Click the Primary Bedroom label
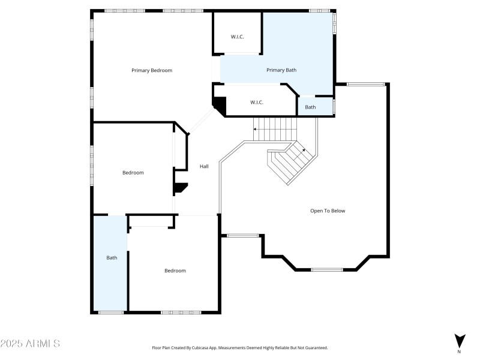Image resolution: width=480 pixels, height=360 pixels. pyautogui.click(x=152, y=70)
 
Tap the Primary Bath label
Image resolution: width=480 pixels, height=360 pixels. pyautogui.click(x=281, y=70)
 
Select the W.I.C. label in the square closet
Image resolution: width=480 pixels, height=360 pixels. pyautogui.click(x=237, y=37)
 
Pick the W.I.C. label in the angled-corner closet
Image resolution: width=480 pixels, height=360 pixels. pyautogui.click(x=257, y=102)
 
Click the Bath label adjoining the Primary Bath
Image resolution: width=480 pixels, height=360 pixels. pyautogui.click(x=310, y=107)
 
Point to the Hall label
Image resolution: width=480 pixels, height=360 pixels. pyautogui.click(x=204, y=166)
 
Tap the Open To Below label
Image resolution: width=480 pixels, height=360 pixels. pyautogui.click(x=328, y=211)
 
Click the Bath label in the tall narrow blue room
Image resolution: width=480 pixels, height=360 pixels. pyautogui.click(x=112, y=257)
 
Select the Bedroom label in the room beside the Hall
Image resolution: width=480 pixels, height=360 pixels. pyautogui.click(x=133, y=173)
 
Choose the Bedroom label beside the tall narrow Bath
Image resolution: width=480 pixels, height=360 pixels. pyautogui.click(x=175, y=271)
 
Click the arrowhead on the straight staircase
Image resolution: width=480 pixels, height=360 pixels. pyautogui.click(x=255, y=128)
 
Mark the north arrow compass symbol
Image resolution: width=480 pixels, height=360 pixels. pyautogui.click(x=460, y=340)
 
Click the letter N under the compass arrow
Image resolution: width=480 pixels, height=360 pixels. pyautogui.click(x=460, y=351)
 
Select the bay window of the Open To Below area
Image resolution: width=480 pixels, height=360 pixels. pyautogui.click(x=327, y=269)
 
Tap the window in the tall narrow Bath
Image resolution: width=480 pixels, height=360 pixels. pyautogui.click(x=111, y=312)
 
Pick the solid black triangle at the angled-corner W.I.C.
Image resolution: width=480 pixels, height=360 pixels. pyautogui.click(x=220, y=106)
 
